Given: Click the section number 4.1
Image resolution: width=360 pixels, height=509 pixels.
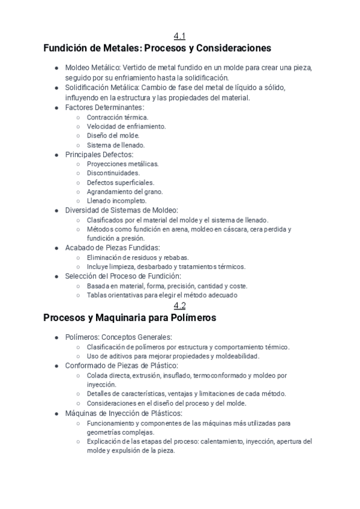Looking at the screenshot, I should (179, 36).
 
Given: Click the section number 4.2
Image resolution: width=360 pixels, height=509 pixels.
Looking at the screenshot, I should (179, 306).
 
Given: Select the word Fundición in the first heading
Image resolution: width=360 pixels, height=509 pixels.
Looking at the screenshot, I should (67, 48).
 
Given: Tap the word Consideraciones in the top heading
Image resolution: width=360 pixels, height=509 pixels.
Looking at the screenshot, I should (230, 48).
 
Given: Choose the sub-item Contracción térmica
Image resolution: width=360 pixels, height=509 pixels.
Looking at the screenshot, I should (117, 117).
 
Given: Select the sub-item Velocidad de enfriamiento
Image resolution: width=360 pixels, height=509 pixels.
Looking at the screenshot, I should (126, 126).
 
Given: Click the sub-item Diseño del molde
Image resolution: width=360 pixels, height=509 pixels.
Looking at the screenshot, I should (113, 136).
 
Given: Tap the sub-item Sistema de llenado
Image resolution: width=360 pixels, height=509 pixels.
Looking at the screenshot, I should (115, 145).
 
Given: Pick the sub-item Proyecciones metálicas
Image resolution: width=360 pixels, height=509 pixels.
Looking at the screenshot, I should (122, 164).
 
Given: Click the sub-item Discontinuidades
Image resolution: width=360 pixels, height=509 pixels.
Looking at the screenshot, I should (113, 173).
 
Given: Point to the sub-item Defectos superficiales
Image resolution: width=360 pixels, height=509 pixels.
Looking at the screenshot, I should (120, 182).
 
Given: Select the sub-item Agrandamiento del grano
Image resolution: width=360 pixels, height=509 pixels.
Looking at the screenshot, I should (124, 191).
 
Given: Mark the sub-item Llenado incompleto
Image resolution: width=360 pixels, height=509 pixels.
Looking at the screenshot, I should (116, 201).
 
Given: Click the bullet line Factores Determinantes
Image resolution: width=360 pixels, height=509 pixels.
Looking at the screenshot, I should (105, 107).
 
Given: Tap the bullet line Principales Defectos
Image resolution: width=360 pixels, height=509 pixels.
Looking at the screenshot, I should (99, 154).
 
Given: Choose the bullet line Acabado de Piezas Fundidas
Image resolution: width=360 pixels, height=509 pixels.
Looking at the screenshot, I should (113, 247).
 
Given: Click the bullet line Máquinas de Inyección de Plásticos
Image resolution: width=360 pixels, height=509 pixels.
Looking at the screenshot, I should (124, 413).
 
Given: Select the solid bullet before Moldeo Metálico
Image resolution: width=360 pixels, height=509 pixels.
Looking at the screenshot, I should (56, 68).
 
